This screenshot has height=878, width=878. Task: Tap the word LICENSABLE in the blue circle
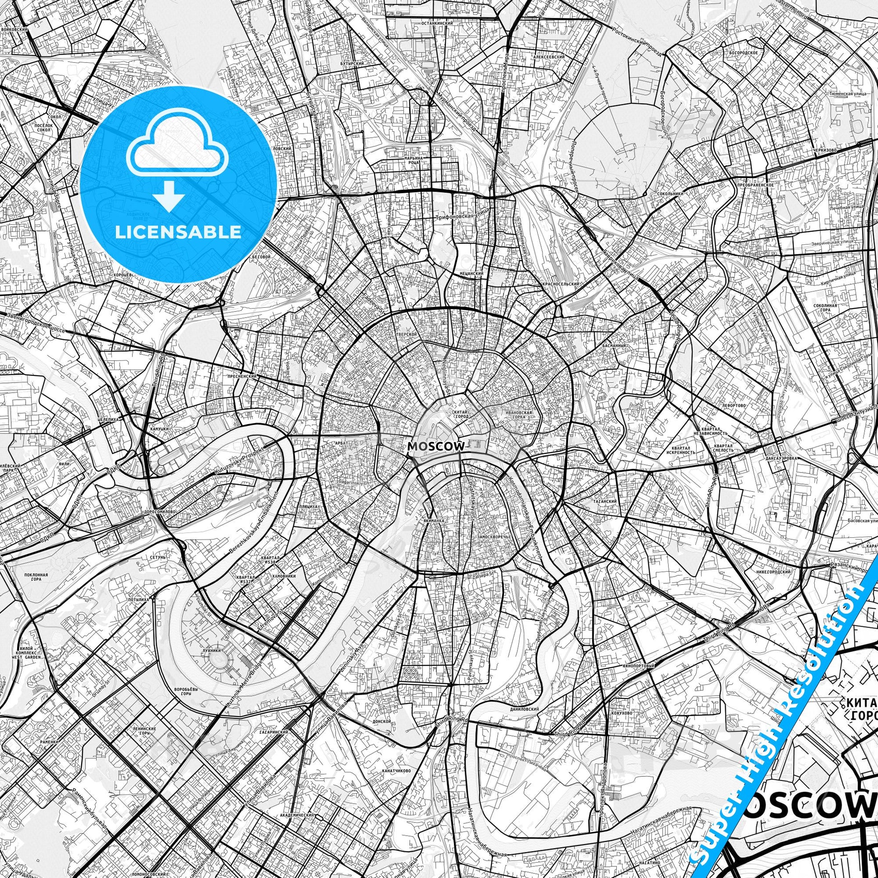pyautogui.click(x=178, y=232)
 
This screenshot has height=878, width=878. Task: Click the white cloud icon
pyautogui.click(x=178, y=144)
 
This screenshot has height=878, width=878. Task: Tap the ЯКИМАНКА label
pyautogui.click(x=432, y=522)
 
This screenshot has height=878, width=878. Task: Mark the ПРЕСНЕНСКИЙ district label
pyautogui.click(x=242, y=376)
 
